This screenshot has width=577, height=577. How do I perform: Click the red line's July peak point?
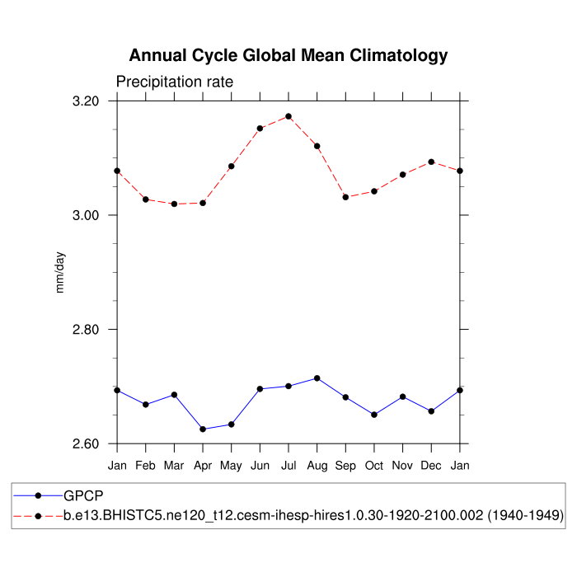[288, 116]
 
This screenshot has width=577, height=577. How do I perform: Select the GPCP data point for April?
[203, 429]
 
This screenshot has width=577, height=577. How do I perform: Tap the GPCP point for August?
[317, 378]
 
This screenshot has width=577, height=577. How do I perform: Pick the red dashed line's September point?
[345, 197]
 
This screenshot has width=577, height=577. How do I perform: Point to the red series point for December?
[431, 162]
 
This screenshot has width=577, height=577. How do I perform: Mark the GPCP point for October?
[374, 415]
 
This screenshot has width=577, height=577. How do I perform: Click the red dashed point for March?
[174, 204]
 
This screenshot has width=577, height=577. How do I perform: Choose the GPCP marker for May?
[232, 425]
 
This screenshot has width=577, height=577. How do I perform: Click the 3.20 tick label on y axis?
[86, 101]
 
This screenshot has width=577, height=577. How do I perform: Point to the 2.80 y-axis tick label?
[86, 330]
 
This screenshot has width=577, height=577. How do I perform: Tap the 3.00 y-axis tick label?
[86, 215]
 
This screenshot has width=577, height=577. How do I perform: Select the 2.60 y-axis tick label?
[86, 444]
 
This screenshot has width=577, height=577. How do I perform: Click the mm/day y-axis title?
[60, 272]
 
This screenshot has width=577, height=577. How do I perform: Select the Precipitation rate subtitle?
[175, 82]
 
